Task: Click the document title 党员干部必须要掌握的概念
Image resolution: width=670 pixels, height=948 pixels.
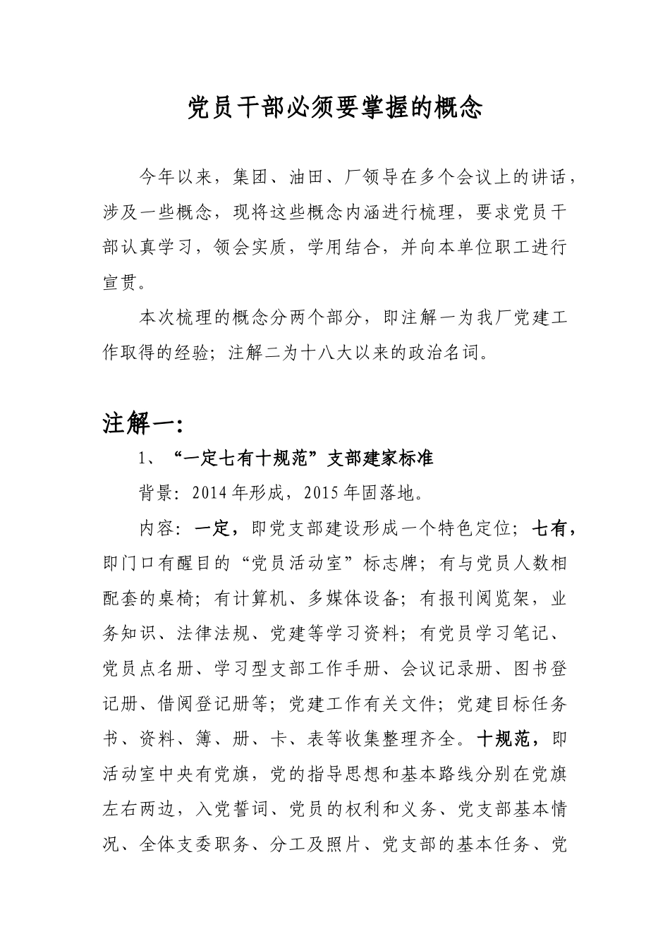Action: point(335,108)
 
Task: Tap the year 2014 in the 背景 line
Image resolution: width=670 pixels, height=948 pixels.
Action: point(206,493)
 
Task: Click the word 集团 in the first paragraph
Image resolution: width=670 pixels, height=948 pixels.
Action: point(250,177)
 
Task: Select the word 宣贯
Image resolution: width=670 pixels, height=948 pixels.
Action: point(121,283)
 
